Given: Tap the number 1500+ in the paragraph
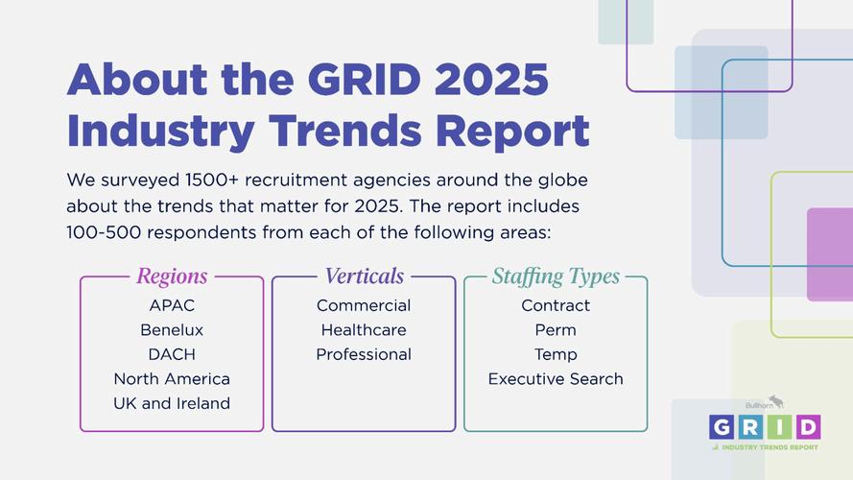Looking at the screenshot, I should coord(187,180).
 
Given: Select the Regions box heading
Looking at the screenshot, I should coord(172,276).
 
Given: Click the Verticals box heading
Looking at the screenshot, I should coord(364,276).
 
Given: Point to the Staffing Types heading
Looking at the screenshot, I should coord(556,276).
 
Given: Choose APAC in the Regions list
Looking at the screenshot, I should coord(172,305).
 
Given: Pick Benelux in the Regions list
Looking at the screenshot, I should coord(172,329).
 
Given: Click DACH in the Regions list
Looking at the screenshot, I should coord(172,354).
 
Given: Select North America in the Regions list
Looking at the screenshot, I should coord(172,378).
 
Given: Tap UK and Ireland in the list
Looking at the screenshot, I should coord(172,403).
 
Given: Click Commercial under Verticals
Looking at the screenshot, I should coord(364,305).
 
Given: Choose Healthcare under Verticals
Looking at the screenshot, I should coord(364,329).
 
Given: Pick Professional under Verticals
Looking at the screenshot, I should coord(364,354).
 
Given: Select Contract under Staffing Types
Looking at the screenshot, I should coord(556,305).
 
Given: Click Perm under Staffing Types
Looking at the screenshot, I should coord(556,329).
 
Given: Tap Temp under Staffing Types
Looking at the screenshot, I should coord(556,354).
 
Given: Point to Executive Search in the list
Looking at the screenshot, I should coord(556,378).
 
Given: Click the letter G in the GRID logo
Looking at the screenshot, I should coord(723,426).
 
